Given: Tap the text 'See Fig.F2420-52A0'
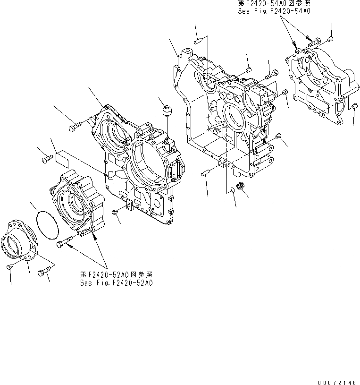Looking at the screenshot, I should click(116, 283).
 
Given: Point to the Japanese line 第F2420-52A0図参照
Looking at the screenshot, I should click(116, 275).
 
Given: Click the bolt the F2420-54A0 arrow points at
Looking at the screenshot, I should click(314, 43).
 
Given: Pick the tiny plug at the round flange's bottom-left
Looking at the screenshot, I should click(10, 268).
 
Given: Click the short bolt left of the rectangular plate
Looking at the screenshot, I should click(47, 160).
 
